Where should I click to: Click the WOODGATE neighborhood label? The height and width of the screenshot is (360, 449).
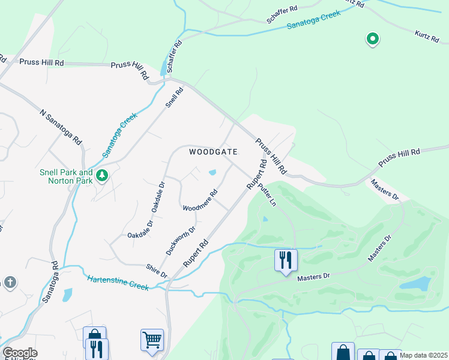click(213, 152)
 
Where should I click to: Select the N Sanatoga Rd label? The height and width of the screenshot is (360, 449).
click(60, 127)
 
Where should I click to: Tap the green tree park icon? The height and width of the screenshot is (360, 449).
click(103, 175)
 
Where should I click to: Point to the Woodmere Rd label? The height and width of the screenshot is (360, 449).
click(200, 201)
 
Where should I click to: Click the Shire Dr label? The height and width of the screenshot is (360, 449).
click(156, 271)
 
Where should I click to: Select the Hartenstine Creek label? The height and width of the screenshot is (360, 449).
click(118, 283)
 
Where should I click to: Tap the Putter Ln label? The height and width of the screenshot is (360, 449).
click(267, 196)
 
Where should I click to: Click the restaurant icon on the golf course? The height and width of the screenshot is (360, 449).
click(286, 260)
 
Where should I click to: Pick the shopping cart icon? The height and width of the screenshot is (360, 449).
click(152, 340)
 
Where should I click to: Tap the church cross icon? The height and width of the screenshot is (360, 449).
click(10, 282)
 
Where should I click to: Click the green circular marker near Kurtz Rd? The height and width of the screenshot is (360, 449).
click(373, 40)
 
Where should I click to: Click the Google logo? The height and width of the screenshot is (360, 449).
click(19, 353)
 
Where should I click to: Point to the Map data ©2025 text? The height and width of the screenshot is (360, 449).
click(423, 355)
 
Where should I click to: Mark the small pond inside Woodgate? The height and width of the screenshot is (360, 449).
click(212, 173)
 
